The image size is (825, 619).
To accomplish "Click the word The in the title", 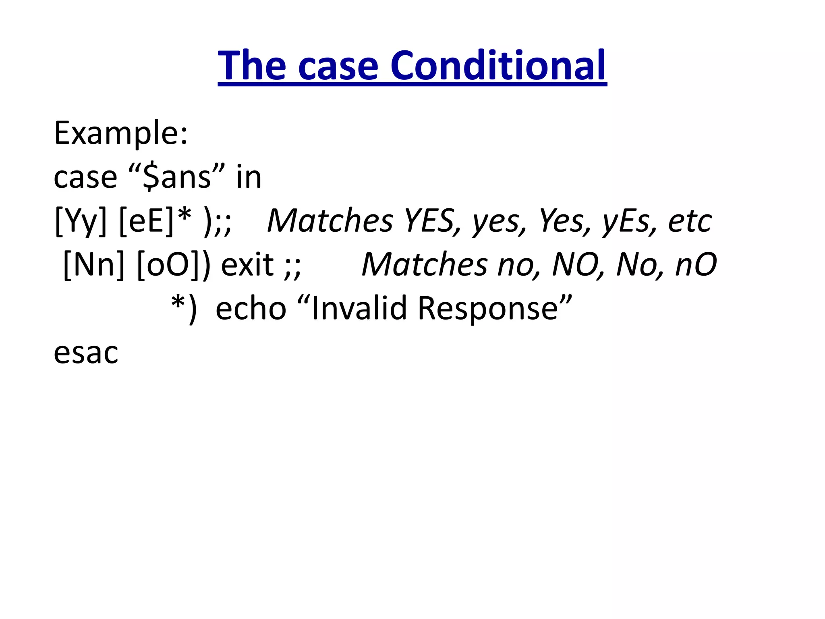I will [x=252, y=66].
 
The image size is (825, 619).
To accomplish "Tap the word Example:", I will [x=121, y=133].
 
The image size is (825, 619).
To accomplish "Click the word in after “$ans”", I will [x=249, y=177].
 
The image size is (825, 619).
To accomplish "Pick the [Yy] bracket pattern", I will [x=81, y=221].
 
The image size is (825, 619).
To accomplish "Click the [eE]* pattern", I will [x=155, y=221].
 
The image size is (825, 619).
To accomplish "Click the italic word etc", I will [x=690, y=221].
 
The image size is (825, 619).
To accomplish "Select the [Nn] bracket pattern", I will [x=94, y=265].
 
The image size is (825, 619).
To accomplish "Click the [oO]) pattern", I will [x=174, y=265].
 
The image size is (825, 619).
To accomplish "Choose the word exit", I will [x=247, y=265].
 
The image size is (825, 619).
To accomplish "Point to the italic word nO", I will [x=696, y=265].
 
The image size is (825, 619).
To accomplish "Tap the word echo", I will [x=251, y=309].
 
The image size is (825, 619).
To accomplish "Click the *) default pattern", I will [x=184, y=309].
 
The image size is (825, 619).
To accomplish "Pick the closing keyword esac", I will [x=86, y=353].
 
